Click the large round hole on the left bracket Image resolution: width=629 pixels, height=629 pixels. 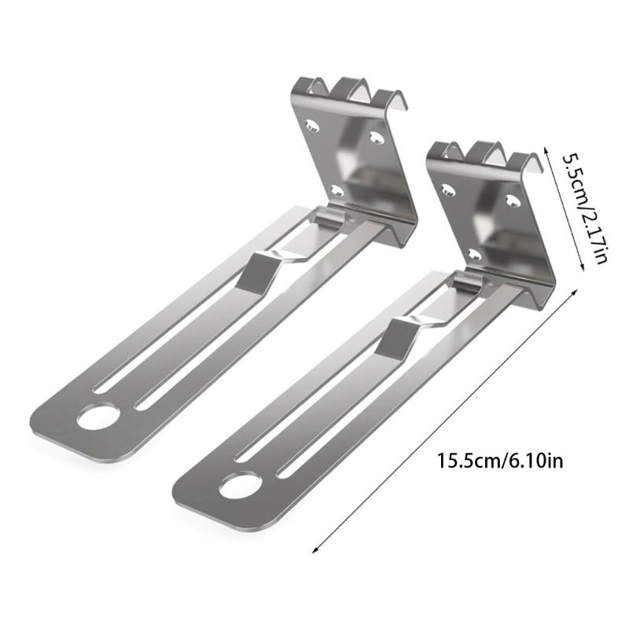pos(96,417)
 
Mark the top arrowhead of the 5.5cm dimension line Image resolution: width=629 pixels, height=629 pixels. pos(548,147)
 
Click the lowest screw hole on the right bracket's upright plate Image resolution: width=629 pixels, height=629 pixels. pos(473,253)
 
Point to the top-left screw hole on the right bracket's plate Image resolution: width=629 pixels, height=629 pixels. pos(449,189)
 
